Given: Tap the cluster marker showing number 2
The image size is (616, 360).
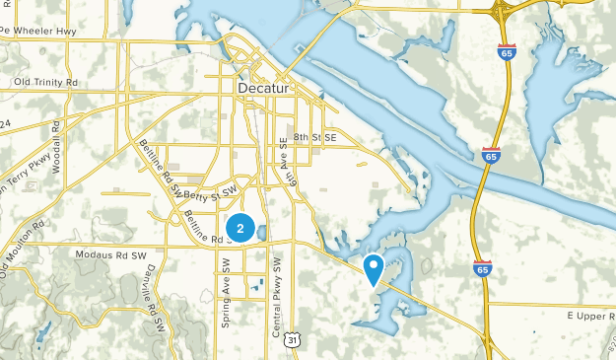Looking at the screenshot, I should pyautogui.click(x=240, y=228).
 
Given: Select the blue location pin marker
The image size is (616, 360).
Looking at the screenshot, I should pyautogui.click(x=374, y=267).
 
